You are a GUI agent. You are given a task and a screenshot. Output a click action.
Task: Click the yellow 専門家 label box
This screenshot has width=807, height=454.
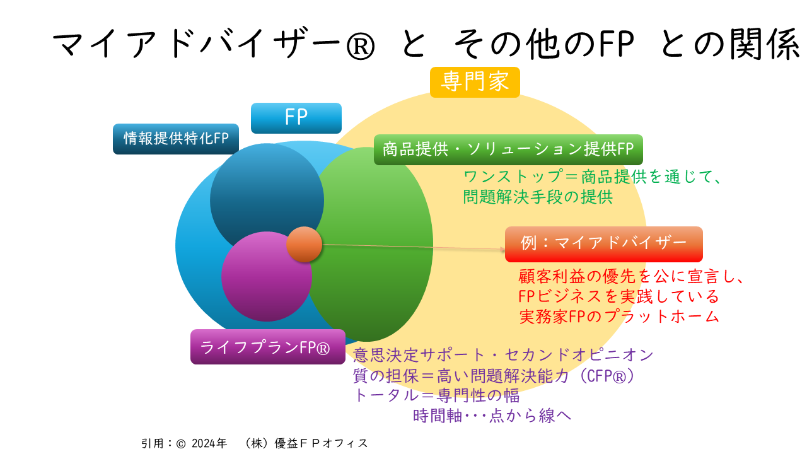(475, 82)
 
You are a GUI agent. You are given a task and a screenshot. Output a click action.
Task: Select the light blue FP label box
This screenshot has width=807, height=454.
(296, 118)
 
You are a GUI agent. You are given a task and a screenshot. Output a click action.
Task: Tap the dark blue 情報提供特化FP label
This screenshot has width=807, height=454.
(176, 139)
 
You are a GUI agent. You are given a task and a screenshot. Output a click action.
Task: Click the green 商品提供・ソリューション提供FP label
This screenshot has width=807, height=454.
(508, 149)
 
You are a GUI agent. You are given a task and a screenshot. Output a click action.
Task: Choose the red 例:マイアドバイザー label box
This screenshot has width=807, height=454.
(604, 244)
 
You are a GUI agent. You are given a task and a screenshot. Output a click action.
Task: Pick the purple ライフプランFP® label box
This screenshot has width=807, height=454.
(268, 347)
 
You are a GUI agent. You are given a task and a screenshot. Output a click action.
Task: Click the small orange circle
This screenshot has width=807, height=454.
(304, 244)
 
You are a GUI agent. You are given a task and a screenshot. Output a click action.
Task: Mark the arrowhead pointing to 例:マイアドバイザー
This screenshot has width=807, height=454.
(502, 249)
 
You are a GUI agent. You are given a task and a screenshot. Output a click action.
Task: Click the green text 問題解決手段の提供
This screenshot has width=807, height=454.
(538, 197)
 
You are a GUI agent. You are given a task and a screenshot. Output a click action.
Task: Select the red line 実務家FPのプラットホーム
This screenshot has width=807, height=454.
(618, 317)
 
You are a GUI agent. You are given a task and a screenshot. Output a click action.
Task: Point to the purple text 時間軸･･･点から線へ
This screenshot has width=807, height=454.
(492, 416)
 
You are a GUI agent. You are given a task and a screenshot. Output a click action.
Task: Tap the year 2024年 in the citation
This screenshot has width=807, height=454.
(209, 443)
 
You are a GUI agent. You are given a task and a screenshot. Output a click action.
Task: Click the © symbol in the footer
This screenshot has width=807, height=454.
(181, 444)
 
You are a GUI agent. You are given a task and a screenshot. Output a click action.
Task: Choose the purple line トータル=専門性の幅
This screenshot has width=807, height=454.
(436, 395)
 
